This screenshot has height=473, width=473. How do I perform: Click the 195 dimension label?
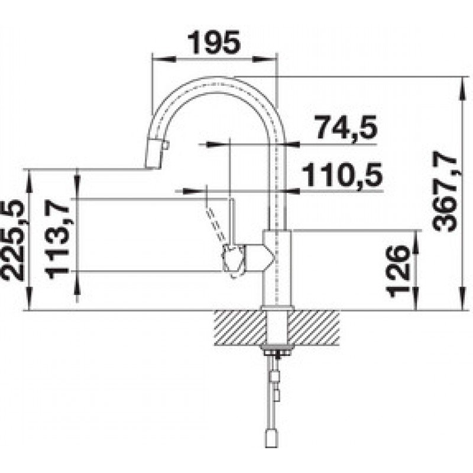tap(213, 43)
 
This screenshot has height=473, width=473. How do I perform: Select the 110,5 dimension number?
tap(342, 175)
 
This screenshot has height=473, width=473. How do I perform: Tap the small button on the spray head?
tap(166, 146)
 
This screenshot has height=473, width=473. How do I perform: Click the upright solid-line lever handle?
tap(232, 221)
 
